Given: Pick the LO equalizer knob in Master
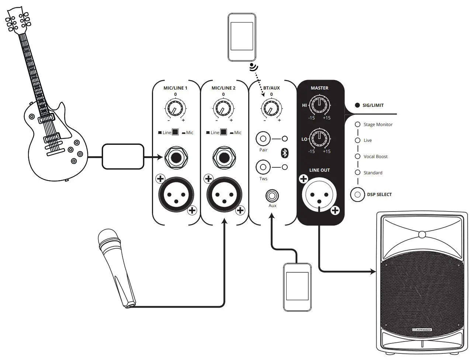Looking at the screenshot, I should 319,139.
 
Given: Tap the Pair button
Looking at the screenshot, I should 263,139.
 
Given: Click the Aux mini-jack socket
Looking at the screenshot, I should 272,195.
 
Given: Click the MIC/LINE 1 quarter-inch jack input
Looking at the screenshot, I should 176,158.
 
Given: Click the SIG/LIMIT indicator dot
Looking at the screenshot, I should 357,105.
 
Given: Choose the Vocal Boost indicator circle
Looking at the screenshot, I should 357,156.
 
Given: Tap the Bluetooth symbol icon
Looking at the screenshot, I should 285,153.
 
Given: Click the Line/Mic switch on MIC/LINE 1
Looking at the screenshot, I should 175,132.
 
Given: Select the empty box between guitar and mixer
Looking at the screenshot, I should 122,157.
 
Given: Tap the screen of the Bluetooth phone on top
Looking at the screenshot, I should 242,36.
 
